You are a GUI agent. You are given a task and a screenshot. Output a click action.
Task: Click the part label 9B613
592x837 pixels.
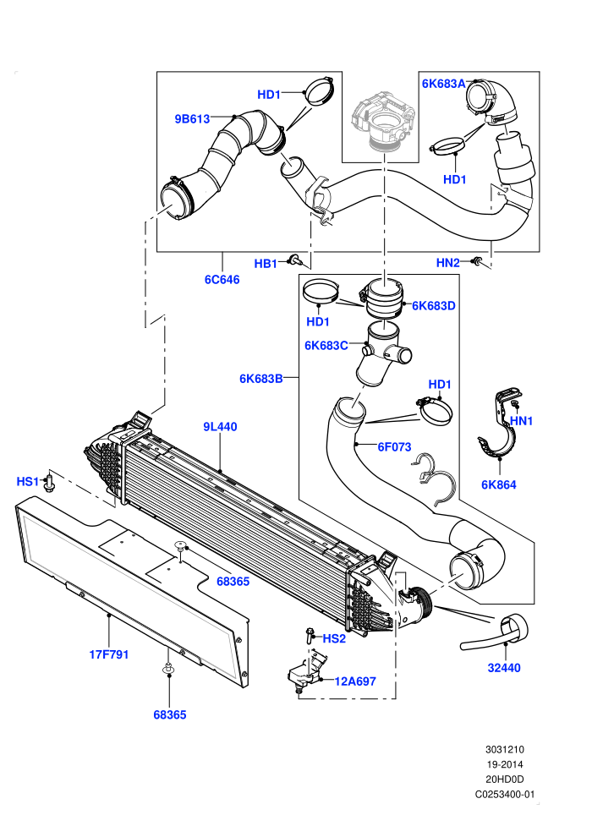coord(192,119)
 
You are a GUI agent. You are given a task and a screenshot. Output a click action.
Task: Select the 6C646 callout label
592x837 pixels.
coord(222,279)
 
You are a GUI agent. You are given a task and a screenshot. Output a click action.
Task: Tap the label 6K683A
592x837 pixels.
coord(444,84)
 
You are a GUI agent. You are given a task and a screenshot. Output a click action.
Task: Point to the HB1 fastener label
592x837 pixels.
coord(266,264)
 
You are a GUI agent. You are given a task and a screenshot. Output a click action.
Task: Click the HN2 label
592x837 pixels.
coord(448,263)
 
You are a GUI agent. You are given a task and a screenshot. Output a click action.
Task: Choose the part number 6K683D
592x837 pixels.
coord(434,306)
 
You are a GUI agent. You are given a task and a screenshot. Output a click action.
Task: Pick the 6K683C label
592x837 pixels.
coord(326,346)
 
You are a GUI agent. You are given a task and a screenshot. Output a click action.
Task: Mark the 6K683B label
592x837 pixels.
coord(261,379)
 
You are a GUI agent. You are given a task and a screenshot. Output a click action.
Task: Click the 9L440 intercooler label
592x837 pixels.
coord(220,426)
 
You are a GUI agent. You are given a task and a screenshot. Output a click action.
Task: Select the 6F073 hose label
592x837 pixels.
coord(394,446)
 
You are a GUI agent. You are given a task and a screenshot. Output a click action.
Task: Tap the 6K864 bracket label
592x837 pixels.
coord(499,484)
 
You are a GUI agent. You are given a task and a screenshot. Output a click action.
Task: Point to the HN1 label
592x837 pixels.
coord(522,421)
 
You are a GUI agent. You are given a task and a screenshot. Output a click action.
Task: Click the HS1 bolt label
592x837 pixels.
coord(28,482)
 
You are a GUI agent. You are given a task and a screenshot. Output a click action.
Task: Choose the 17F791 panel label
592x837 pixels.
coord(109,654)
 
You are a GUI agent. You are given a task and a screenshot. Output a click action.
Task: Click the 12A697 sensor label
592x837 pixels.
coord(355,681)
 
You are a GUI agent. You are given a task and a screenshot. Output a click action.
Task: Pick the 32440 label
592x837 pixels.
coord(504,667)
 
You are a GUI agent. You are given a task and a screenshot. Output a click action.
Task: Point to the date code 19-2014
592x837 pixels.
coord(504,764)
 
